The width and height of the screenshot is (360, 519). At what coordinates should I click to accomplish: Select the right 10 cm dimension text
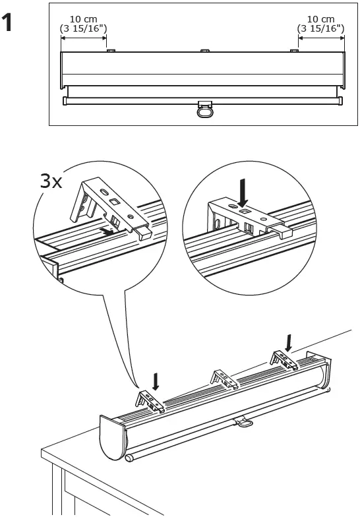pos(321,19)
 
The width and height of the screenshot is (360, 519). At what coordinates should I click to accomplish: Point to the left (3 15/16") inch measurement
pos(84,28)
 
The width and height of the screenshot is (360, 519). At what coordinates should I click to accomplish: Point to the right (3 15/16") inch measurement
pos(321,28)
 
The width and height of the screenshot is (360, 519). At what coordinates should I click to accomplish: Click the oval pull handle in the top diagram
pos(206,111)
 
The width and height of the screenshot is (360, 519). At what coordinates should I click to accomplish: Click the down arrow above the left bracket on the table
pos(156,381)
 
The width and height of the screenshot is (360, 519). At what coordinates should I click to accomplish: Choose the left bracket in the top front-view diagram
pos(110,50)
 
